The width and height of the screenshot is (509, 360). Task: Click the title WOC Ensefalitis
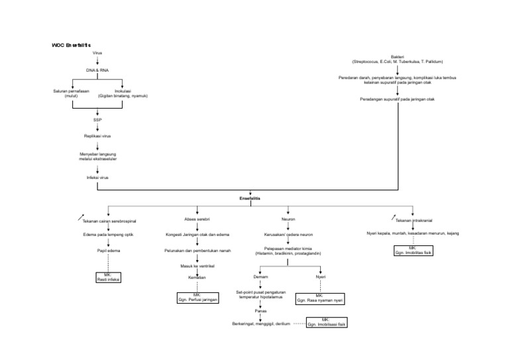(74, 45)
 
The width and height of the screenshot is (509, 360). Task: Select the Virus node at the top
(97, 52)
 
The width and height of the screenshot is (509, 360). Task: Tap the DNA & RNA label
(97, 70)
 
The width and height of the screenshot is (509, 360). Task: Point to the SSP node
(97, 119)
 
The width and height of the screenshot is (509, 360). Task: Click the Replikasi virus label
(97, 135)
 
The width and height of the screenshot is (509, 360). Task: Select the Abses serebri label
(198, 219)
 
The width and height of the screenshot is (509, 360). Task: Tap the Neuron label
(288, 219)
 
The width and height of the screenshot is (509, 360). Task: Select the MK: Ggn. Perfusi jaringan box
(198, 298)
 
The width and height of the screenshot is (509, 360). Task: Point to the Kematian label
(198, 276)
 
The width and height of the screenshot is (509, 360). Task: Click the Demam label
(260, 276)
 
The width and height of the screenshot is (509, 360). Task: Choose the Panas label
(260, 310)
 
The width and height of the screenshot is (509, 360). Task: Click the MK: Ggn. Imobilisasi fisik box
(326, 323)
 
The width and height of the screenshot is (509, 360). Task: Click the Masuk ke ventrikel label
(198, 266)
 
